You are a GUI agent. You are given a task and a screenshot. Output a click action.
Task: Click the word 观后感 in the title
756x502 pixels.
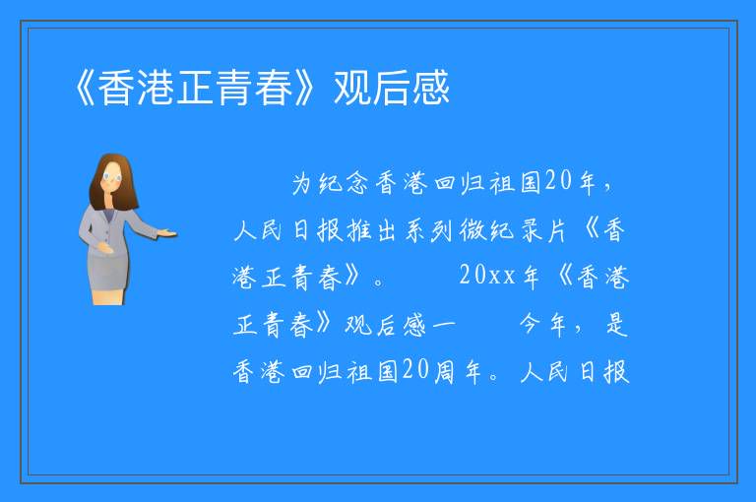coord(392,88)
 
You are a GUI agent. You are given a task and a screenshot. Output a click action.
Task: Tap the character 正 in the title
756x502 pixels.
coord(195,88)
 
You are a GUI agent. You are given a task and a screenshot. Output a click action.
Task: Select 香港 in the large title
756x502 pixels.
coord(137,88)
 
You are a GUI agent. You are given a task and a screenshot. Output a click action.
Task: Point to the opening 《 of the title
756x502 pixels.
coord(86,88)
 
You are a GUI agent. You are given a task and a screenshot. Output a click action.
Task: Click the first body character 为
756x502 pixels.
coord(302,183)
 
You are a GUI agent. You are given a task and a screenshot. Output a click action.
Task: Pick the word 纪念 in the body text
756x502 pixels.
coord(344,183)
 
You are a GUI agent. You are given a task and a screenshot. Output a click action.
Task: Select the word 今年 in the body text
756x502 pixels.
coord(543,324)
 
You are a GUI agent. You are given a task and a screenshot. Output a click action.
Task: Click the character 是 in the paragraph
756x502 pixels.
coord(616,324)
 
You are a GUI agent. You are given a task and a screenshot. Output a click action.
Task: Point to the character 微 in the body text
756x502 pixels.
coord(472,230)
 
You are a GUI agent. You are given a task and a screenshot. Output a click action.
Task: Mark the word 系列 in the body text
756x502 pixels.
coord(428,230)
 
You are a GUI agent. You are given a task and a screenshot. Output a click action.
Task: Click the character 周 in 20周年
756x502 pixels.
coord(444,372)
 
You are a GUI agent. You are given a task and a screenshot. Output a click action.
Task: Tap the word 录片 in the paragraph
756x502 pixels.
coord(543,230)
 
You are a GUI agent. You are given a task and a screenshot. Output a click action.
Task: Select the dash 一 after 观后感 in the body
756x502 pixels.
coord(444,325)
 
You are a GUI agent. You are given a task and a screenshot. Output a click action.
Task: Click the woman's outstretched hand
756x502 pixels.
coord(166,233)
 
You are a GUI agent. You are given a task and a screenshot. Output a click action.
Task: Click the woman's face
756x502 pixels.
coord(113,177)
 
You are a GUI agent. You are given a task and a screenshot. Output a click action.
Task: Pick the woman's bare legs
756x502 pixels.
coord(108,296)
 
